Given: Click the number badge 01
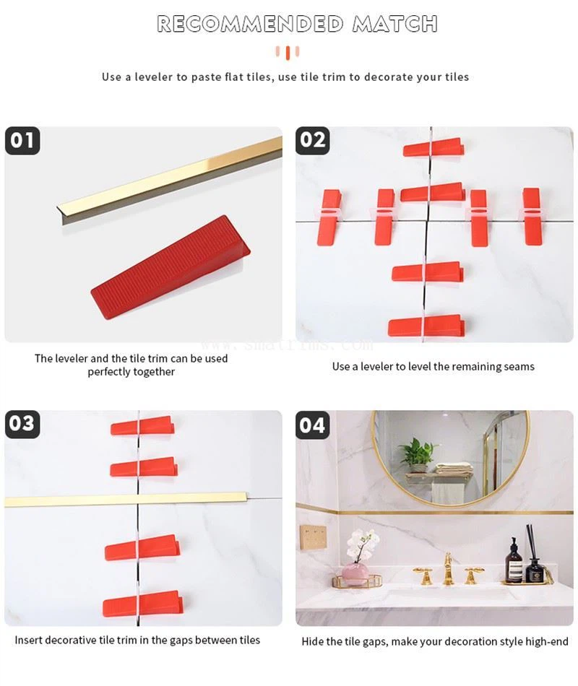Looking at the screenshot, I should [22, 140].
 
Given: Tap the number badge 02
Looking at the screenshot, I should [313, 140].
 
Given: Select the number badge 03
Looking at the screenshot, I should [22, 424].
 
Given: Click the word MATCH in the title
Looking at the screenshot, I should [394, 24].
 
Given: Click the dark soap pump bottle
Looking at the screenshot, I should [513, 562].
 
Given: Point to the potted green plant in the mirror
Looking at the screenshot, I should [419, 453].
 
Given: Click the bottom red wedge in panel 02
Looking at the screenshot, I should [426, 326].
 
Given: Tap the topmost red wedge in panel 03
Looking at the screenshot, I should [142, 426].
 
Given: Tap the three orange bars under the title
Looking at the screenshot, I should [288, 52].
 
